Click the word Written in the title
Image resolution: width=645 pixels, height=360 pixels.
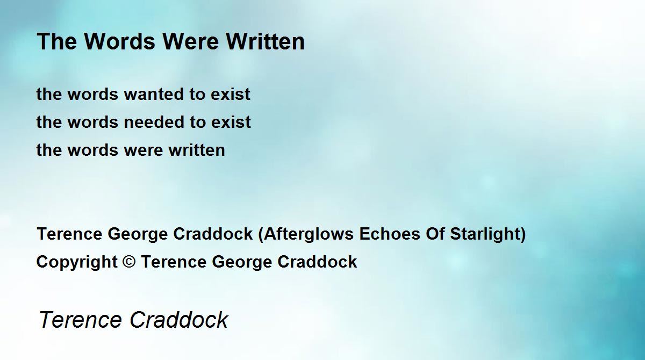(x=265, y=41)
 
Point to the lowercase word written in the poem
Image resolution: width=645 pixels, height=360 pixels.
(x=197, y=150)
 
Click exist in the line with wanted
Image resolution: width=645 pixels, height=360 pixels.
(x=231, y=94)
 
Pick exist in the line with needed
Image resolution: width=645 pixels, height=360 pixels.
(x=231, y=122)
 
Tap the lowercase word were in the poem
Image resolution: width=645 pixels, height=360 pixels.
(x=143, y=150)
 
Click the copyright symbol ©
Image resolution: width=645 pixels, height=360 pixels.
(x=129, y=262)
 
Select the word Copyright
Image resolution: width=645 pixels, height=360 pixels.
(x=77, y=262)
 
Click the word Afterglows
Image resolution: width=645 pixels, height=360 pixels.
(x=309, y=234)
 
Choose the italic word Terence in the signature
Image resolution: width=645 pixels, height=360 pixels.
(x=81, y=319)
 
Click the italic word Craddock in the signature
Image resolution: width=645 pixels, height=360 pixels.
(x=179, y=319)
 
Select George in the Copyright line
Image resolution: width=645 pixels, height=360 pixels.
(x=242, y=262)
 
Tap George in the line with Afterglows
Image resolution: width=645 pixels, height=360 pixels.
(x=138, y=234)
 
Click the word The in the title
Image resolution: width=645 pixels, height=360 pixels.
(x=57, y=41)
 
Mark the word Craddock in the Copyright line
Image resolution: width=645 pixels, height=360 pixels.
(x=317, y=262)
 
